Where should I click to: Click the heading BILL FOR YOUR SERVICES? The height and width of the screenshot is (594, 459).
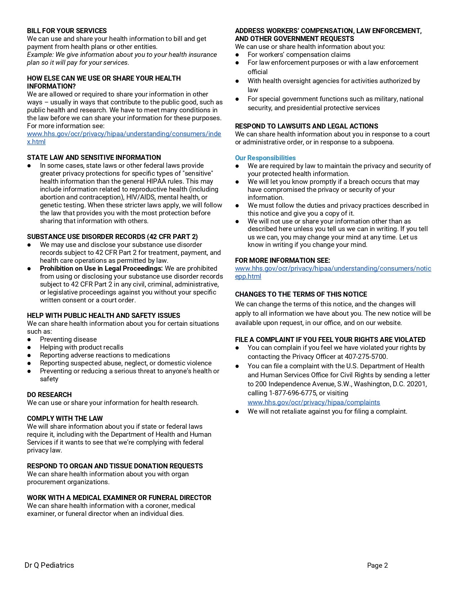point(67,31)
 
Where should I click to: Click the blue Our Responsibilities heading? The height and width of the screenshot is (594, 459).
point(265,158)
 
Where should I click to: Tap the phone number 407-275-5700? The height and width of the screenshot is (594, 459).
point(366,357)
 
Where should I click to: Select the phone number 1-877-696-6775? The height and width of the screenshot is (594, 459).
point(293,393)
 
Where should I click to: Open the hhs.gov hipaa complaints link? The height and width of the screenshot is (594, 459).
point(314,402)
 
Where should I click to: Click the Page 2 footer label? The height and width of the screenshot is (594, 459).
point(377,566)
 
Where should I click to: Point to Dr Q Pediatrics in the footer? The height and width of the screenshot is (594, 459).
point(49,565)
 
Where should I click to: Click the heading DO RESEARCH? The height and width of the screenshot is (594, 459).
point(49,395)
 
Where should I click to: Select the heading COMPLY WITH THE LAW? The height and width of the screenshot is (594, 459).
point(65,419)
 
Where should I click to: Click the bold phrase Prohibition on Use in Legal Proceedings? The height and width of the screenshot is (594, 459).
point(101,269)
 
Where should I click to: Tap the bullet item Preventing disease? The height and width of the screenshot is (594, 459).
point(68,339)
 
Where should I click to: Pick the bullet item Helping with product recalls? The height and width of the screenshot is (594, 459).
point(81,347)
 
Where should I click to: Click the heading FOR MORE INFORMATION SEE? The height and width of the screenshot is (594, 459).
point(282,261)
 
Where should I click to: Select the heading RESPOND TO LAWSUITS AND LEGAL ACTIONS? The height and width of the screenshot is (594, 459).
point(306,126)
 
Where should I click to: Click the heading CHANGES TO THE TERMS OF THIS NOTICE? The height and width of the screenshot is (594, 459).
point(301,294)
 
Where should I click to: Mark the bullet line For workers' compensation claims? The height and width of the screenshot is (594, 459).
point(299,55)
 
